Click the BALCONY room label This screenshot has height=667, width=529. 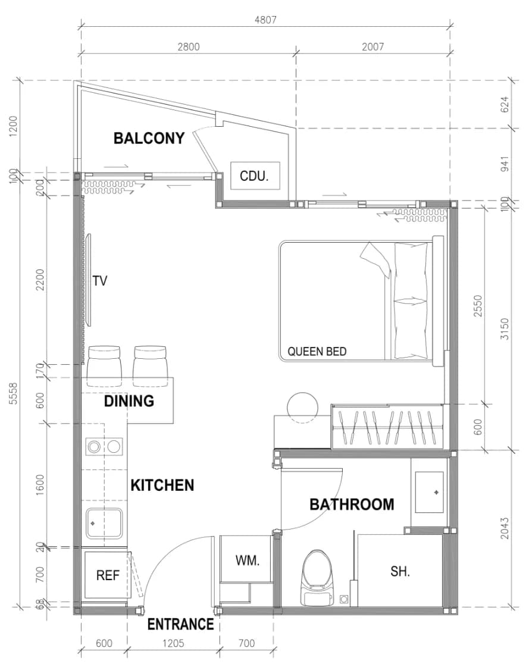tap(149, 138)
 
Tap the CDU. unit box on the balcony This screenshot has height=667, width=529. tap(255, 176)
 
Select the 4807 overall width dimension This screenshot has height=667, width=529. tap(265, 20)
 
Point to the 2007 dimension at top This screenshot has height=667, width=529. tap(373, 47)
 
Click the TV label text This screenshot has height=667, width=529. tap(100, 281)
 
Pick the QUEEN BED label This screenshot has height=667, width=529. tap(317, 352)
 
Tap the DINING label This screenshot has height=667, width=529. tap(129, 400)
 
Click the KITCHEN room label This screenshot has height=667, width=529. tap(162, 486)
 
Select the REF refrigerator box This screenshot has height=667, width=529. tap(108, 575)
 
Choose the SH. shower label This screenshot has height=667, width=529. tap(400, 571)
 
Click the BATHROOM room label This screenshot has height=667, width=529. tap(352, 505)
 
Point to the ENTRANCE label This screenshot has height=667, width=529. tap(180, 625)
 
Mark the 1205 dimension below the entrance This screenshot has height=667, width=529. tap(173, 643)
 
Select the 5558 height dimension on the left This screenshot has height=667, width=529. tap(13, 393)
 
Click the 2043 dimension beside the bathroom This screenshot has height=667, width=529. tap(505, 528)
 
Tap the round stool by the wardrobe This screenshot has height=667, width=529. tap(303, 408)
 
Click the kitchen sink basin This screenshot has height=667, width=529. tap(104, 524)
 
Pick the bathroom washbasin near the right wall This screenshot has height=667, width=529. tap(430, 492)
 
